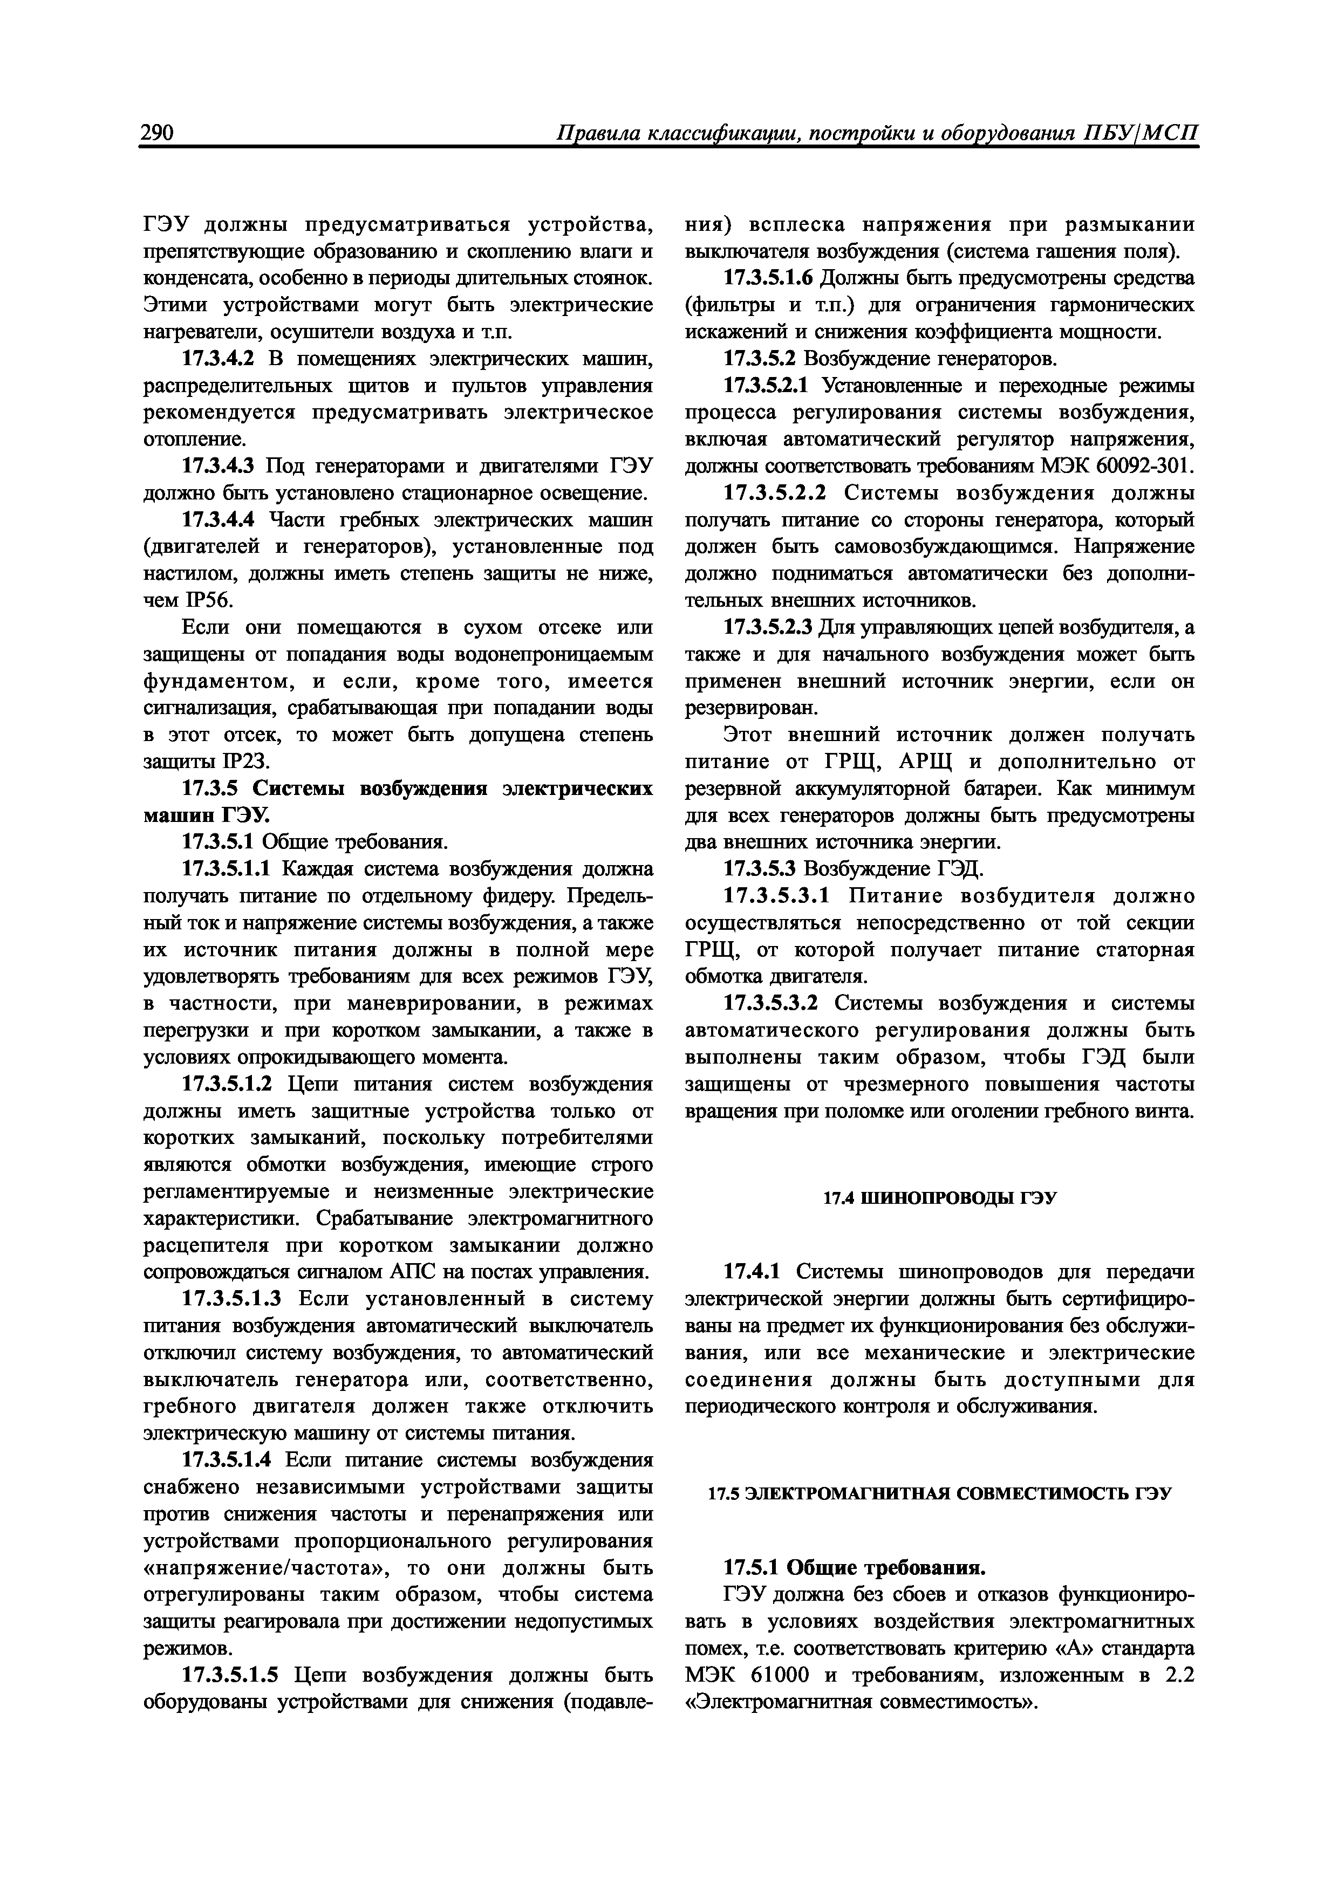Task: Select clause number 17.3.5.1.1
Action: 230,869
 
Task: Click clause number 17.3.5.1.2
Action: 230,1085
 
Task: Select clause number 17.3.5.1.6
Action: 773,278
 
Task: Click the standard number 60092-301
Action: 1143,467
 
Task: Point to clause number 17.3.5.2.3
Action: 773,628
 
